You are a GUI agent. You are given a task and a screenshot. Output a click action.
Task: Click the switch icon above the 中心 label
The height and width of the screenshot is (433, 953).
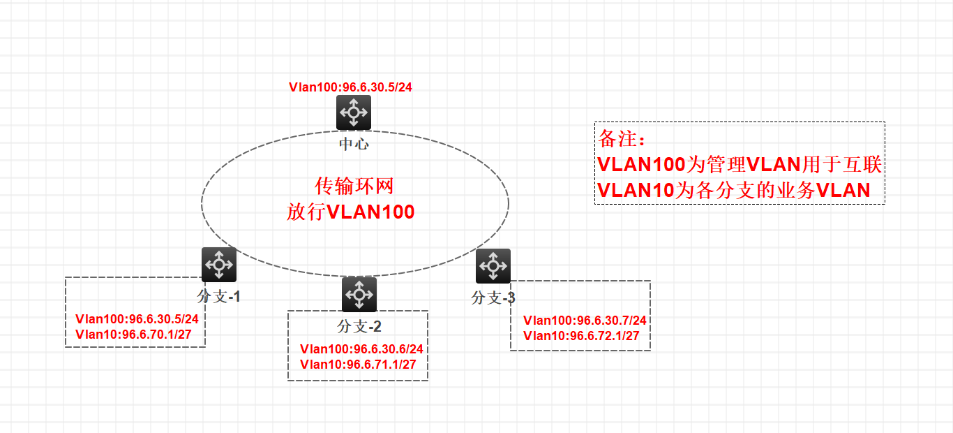pyautogui.click(x=354, y=112)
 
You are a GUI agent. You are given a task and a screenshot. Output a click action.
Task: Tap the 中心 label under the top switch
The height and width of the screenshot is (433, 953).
pyautogui.click(x=354, y=145)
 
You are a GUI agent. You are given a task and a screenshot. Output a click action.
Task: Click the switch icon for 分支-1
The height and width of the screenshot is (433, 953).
pyautogui.click(x=219, y=265)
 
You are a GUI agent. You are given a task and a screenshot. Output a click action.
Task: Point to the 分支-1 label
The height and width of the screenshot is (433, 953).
pyautogui.click(x=219, y=297)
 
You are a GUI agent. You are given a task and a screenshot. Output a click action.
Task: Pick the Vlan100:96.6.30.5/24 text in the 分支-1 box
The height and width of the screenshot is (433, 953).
pyautogui.click(x=137, y=319)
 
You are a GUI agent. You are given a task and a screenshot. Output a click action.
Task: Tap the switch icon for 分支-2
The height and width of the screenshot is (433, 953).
pyautogui.click(x=359, y=295)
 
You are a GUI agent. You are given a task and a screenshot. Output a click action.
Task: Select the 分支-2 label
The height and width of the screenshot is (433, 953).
pyautogui.click(x=359, y=326)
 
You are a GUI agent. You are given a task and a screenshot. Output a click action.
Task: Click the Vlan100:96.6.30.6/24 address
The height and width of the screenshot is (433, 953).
pyautogui.click(x=362, y=348)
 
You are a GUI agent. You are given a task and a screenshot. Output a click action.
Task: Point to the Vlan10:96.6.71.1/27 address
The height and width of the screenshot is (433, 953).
pyautogui.click(x=358, y=364)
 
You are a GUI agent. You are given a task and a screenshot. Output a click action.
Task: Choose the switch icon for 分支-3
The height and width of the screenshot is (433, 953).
pyautogui.click(x=493, y=266)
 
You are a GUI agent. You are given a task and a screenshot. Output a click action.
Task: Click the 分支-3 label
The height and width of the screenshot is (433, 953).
pyautogui.click(x=493, y=298)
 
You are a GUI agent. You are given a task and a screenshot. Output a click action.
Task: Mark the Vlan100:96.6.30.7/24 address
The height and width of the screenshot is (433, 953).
pyautogui.click(x=585, y=321)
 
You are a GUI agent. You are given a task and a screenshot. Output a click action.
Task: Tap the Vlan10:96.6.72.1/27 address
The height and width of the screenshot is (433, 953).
pyautogui.click(x=581, y=336)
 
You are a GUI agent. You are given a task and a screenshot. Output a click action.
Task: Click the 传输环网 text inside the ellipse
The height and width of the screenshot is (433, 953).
pyautogui.click(x=354, y=186)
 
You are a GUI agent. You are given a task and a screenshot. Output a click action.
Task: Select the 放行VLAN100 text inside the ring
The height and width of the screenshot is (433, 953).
pyautogui.click(x=351, y=212)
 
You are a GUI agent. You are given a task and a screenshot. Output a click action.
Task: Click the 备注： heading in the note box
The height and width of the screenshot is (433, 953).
pyautogui.click(x=622, y=139)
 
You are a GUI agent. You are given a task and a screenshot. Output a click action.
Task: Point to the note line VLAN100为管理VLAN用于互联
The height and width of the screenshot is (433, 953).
pyautogui.click(x=740, y=165)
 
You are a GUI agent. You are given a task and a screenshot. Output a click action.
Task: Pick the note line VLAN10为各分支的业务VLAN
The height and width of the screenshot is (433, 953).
pyautogui.click(x=734, y=190)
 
